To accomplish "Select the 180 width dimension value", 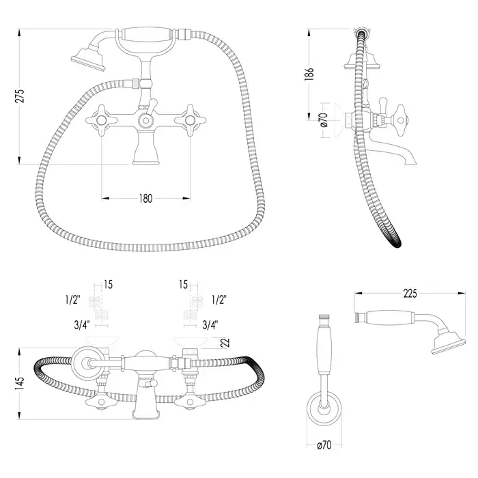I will click(x=145, y=199).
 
